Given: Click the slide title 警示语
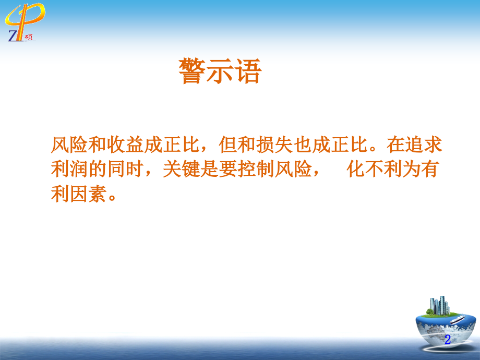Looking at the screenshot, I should pyautogui.click(x=219, y=71).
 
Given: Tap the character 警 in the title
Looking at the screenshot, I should pyautogui.click(x=192, y=71).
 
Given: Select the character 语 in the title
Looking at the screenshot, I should pyautogui.click(x=247, y=71).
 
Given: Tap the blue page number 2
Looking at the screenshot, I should pyautogui.click(x=447, y=340).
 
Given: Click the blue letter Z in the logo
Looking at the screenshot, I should pyautogui.click(x=13, y=35).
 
